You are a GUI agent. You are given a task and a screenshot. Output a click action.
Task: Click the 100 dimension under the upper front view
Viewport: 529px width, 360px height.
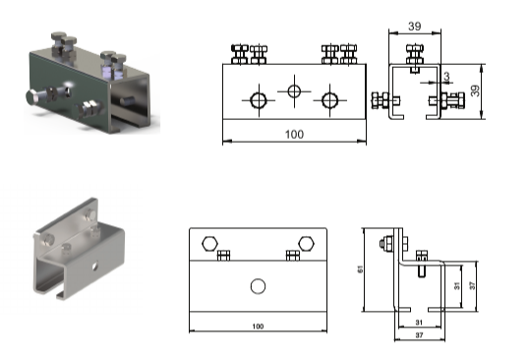[294, 135]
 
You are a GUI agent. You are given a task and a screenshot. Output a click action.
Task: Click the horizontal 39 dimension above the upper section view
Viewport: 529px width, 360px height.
[415, 27]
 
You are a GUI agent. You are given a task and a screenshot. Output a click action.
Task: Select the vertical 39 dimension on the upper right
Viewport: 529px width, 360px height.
[475, 90]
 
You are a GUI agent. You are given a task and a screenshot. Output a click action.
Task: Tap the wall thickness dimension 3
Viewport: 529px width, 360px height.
[446, 77]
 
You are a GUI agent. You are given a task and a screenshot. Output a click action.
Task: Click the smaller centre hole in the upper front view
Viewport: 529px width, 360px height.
[294, 91]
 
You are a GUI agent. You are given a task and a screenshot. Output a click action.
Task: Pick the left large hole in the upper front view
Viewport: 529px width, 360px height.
[259, 100]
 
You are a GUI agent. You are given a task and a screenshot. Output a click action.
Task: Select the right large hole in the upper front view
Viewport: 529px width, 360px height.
[329, 100]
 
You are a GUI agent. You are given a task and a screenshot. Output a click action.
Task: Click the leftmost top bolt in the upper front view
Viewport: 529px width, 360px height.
[240, 54]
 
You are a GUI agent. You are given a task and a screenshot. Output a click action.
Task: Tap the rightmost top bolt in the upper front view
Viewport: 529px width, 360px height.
[348, 54]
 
